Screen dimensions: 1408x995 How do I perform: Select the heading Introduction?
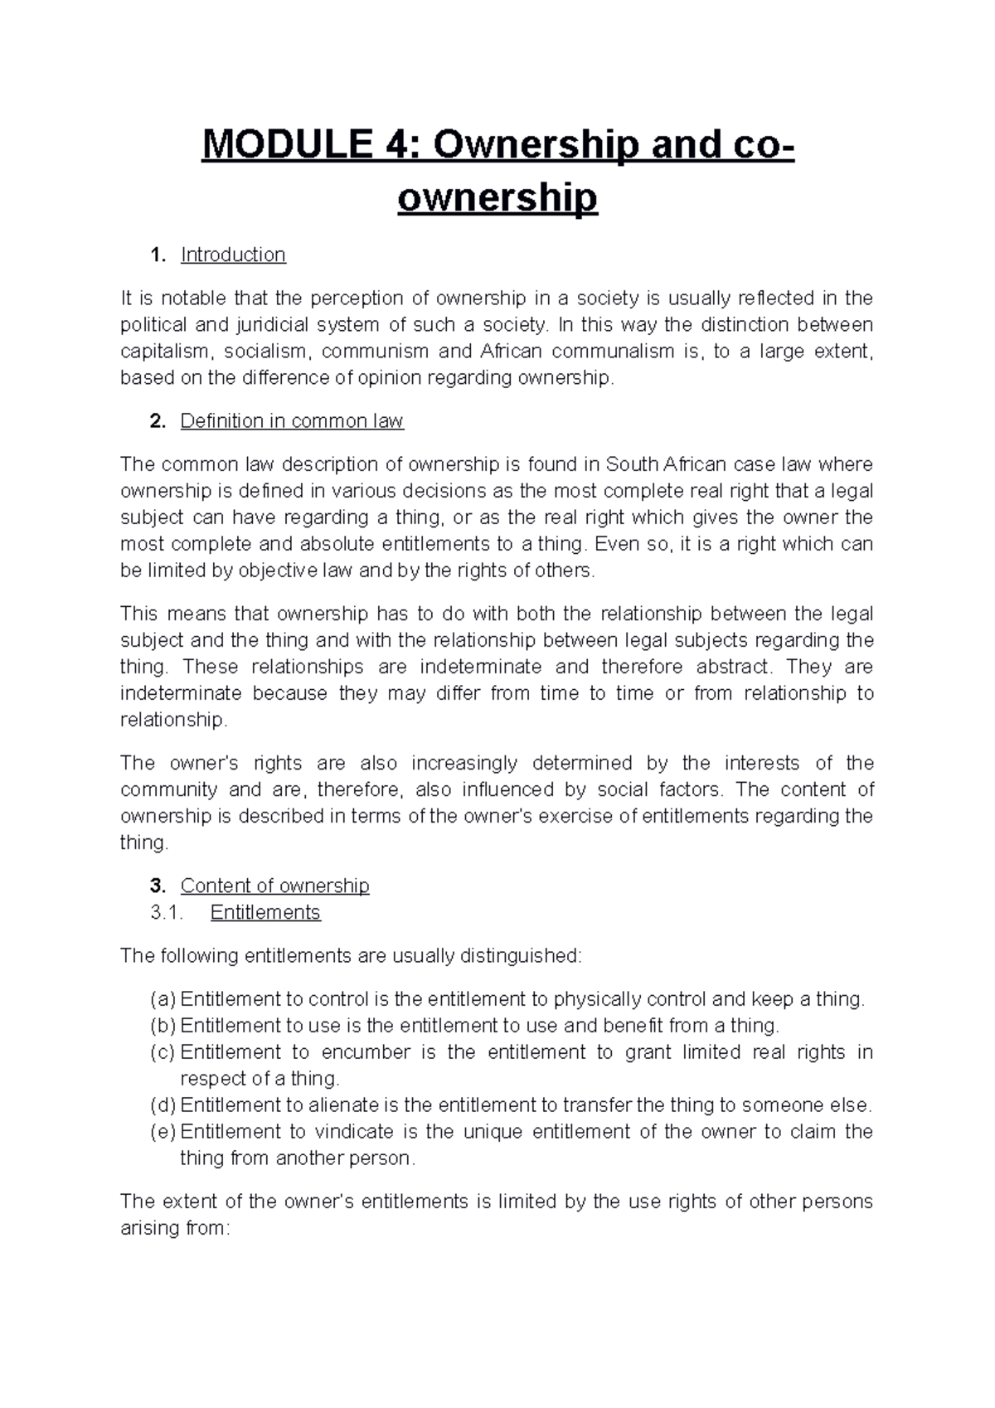pyautogui.click(x=233, y=255)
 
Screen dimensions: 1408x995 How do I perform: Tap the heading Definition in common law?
pyautogui.click(x=292, y=421)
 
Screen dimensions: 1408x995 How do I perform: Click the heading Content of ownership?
pyautogui.click(x=274, y=886)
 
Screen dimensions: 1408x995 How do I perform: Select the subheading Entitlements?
pyautogui.click(x=265, y=912)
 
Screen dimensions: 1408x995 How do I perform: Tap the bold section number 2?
pyautogui.click(x=157, y=421)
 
